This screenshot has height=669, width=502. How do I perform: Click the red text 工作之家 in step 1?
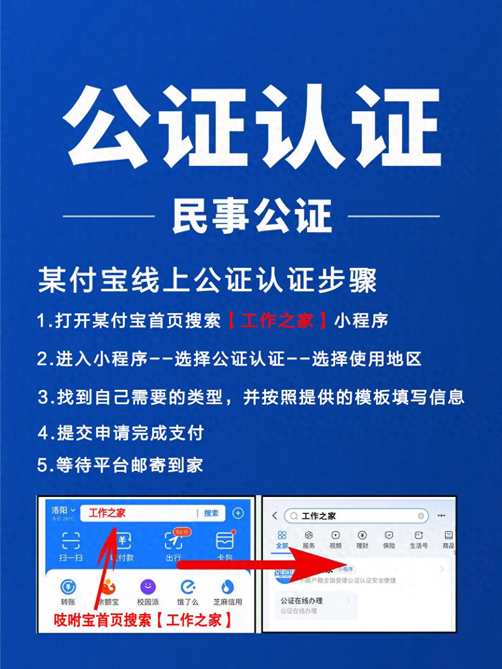click(x=277, y=321)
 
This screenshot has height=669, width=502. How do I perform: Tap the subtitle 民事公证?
click(x=252, y=216)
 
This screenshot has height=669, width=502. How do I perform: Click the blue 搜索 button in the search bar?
click(x=211, y=513)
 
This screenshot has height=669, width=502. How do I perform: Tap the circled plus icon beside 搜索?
click(x=238, y=513)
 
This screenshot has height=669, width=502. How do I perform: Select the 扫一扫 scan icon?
click(x=71, y=541)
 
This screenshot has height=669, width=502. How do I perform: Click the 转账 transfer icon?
click(x=68, y=587)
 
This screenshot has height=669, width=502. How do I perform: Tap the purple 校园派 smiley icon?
click(x=148, y=587)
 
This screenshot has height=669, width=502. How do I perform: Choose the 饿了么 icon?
click(x=188, y=587)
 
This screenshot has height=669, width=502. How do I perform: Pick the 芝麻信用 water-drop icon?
click(x=227, y=587)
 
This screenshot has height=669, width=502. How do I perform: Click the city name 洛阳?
click(x=60, y=510)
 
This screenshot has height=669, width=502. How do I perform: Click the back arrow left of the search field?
click(x=275, y=516)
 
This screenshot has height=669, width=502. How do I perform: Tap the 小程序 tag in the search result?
click(x=345, y=569)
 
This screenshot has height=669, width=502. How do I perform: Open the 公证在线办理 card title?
click(x=302, y=601)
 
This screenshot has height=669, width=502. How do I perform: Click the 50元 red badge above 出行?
click(x=182, y=532)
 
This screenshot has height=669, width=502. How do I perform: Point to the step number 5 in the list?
click(x=43, y=465)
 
